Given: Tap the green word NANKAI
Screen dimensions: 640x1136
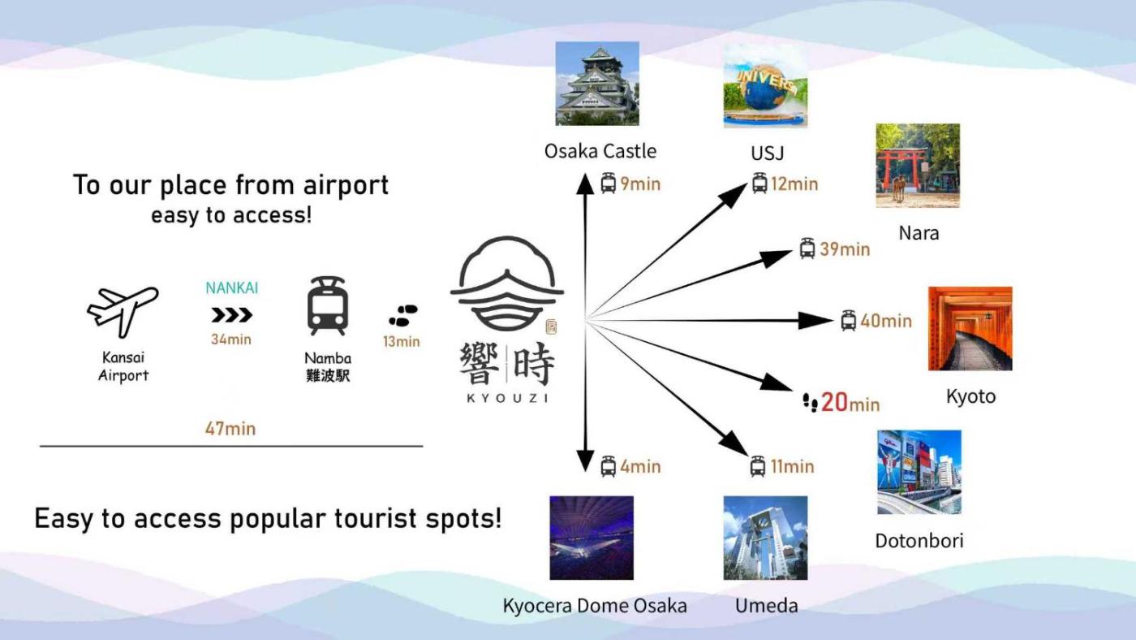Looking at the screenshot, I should coord(232,288).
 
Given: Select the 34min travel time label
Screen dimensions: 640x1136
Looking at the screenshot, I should coord(231,339).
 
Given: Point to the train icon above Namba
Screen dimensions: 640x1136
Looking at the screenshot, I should coord(327,306).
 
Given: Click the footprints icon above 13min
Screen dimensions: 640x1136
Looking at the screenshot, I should coord(402,315).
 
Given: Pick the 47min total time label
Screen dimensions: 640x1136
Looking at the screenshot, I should coord(230,428).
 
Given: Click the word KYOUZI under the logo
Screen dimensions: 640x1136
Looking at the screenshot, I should coord(507,398).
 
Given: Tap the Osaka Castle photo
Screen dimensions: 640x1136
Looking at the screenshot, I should coord(597,84).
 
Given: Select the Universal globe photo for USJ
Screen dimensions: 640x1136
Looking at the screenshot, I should coord(765,85).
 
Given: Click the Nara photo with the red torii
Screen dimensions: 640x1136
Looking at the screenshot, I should coord(918,166).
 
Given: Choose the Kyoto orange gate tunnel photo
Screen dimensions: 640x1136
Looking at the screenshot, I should coord(970,328).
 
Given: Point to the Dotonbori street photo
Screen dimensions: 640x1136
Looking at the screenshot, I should coord(919,472).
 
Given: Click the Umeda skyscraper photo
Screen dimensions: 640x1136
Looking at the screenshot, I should coord(765,538).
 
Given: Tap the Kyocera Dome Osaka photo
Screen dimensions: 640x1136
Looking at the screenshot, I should coord(592,538).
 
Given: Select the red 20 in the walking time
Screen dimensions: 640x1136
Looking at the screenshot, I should coord(834,402).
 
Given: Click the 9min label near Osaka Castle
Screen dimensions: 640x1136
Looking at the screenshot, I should coord(640,184).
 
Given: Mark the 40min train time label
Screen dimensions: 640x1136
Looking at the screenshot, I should coord(886,321).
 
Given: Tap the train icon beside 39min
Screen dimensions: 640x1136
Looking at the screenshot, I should coord(807,249).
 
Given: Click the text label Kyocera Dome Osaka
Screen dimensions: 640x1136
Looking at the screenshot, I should coord(595,606).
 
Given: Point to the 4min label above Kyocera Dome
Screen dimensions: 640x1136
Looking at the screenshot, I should coord(640,467).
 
